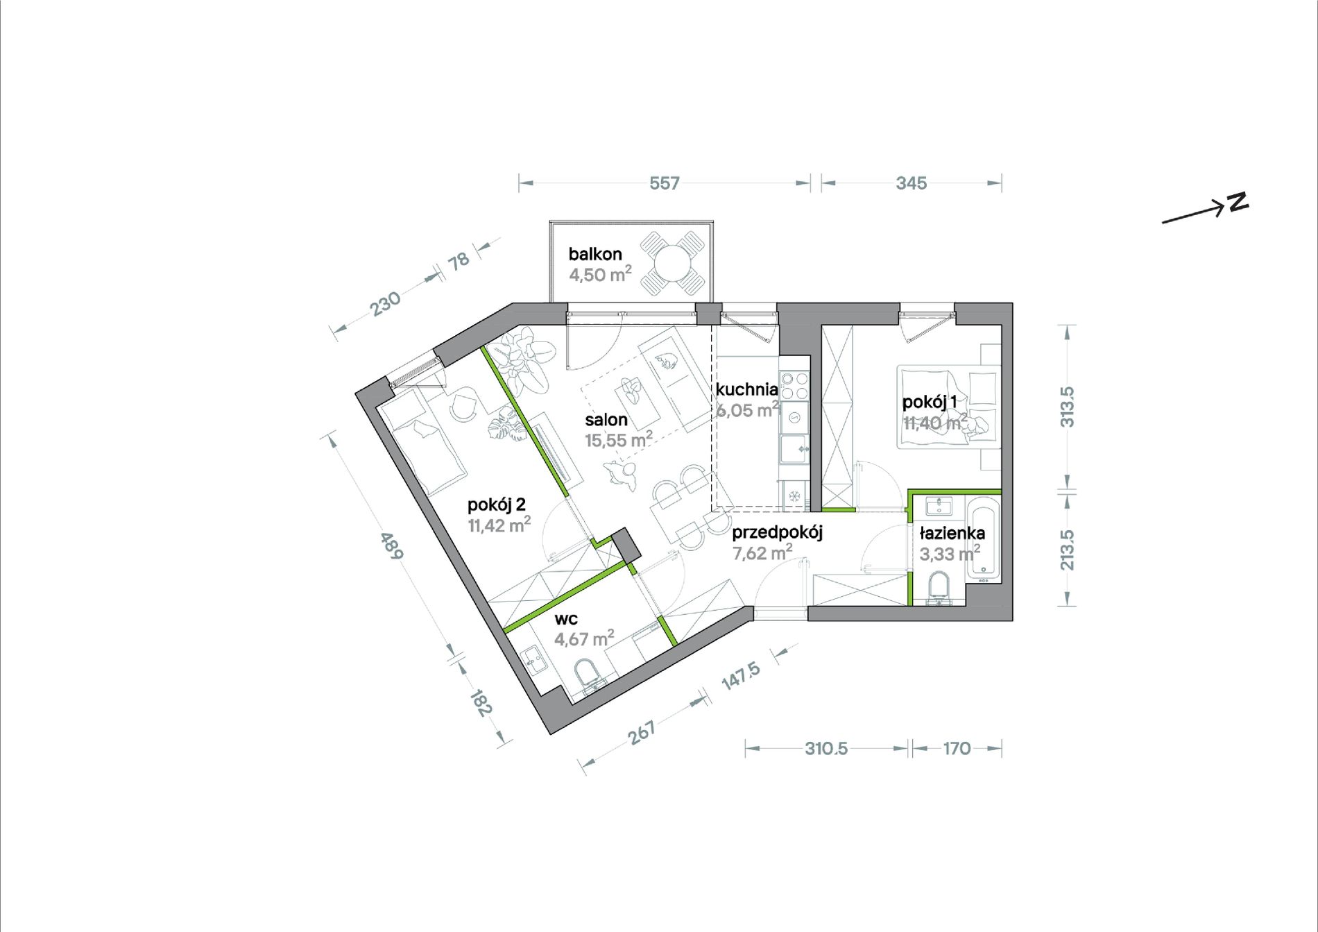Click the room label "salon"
click(606, 419)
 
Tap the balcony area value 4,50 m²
click(600, 274)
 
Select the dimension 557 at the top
click(664, 183)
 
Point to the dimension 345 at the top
click(911, 183)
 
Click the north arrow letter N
click(1238, 201)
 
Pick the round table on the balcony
click(671, 263)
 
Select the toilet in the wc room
click(590, 675)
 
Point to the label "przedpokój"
click(777, 533)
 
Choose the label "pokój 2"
click(497, 505)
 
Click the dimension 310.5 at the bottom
click(826, 748)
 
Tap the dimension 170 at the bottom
click(957, 748)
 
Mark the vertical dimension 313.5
click(1068, 407)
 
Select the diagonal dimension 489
click(391, 545)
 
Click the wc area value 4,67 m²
click(584, 638)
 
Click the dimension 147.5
click(741, 676)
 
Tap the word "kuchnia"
click(747, 389)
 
